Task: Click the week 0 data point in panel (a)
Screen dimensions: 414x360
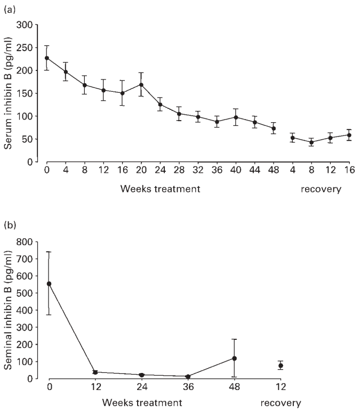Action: pyautogui.click(x=47, y=58)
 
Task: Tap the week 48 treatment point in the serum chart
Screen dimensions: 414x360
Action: pyautogui.click(x=274, y=128)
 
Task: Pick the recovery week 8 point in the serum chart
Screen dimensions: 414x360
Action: pyautogui.click(x=311, y=142)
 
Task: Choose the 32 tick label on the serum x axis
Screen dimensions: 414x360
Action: pyautogui.click(x=198, y=172)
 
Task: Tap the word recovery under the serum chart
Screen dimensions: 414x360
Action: pyautogui.click(x=320, y=189)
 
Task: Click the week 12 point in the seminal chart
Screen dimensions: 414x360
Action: pyautogui.click(x=95, y=372)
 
